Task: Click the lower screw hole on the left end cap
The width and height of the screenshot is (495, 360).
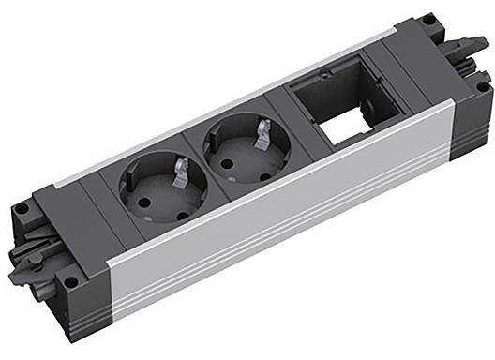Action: point(71,280)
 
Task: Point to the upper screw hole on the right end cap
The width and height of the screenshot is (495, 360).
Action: point(428,18)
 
